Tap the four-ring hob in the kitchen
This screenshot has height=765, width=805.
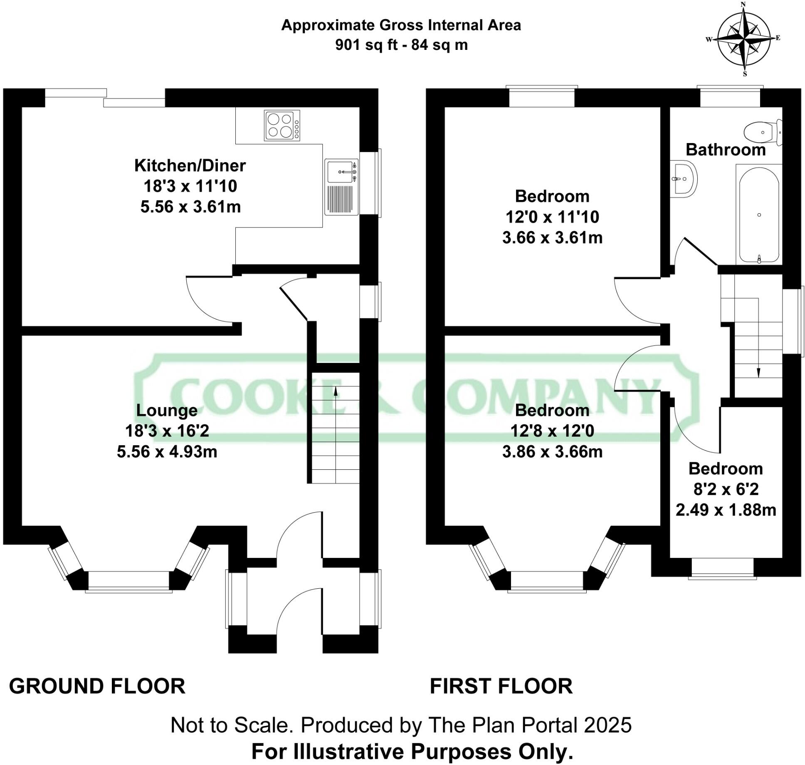[282, 126]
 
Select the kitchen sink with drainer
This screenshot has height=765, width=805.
[341, 187]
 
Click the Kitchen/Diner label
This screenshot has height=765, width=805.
[190, 166]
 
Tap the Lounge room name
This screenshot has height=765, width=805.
[167, 410]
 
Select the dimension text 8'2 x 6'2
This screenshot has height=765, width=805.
[726, 489]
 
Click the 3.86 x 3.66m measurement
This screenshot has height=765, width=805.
[552, 452]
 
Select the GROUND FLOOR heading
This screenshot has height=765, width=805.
[97, 686]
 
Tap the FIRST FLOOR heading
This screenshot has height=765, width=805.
[501, 686]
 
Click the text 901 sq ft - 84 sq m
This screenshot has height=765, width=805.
[401, 45]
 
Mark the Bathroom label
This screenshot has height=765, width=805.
[726, 150]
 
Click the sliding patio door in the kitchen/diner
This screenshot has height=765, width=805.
[105, 98]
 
